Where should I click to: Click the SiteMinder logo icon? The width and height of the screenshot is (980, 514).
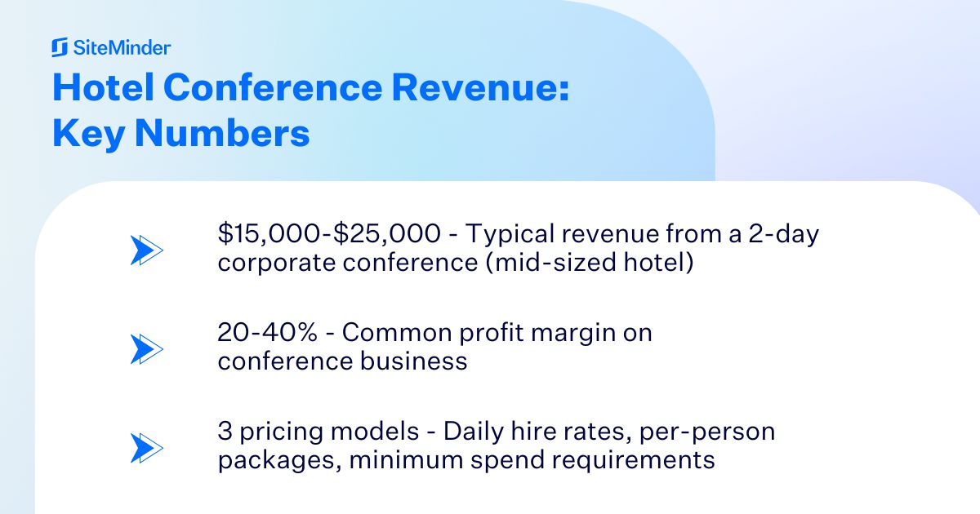coord(60,48)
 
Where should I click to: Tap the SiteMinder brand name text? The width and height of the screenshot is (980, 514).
coord(122,48)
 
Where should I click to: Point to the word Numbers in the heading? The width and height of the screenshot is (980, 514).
coord(221,133)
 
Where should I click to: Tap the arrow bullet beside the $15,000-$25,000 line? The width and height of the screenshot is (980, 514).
coord(147,250)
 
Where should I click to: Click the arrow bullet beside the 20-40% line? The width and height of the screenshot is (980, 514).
coord(147,349)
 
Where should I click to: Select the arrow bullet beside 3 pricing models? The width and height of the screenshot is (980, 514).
coord(147,448)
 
